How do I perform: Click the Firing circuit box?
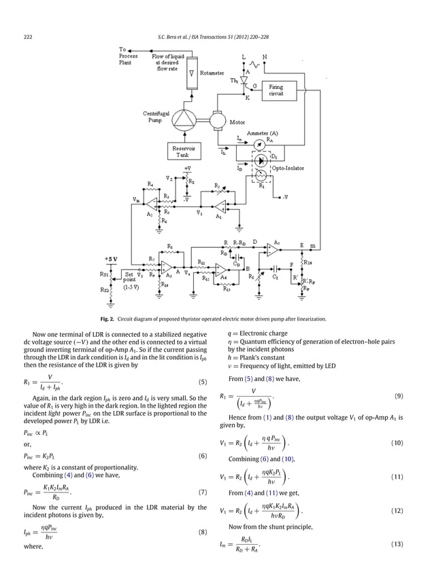point(276,90)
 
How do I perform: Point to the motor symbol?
point(217,120)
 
